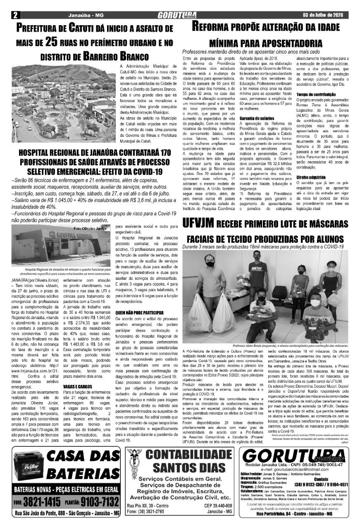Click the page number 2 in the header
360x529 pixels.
pos(15,15)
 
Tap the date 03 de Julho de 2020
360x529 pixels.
pos(325,15)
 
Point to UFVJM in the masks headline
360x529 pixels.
pos(198,224)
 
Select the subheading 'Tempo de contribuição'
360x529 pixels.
pos(313,95)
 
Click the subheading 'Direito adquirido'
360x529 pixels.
pos(310,177)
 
